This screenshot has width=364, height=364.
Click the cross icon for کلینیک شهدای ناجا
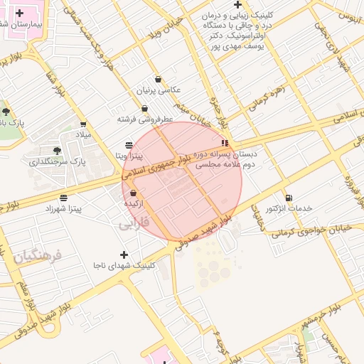(x=124, y=255)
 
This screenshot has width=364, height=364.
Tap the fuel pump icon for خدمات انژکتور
(x=288, y=198)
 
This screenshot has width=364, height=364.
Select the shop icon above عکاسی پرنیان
(x=157, y=80)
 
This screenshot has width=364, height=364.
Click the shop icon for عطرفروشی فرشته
(x=145, y=109)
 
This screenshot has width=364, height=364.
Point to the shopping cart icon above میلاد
(x=84, y=124)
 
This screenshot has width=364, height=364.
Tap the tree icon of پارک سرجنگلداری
(x=56, y=151)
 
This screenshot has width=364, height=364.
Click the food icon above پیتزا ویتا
(x=129, y=144)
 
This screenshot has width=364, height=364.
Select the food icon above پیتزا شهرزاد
(x=64, y=198)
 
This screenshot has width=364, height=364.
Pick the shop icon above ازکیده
(x=134, y=193)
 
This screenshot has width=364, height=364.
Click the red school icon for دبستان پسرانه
(x=225, y=143)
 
